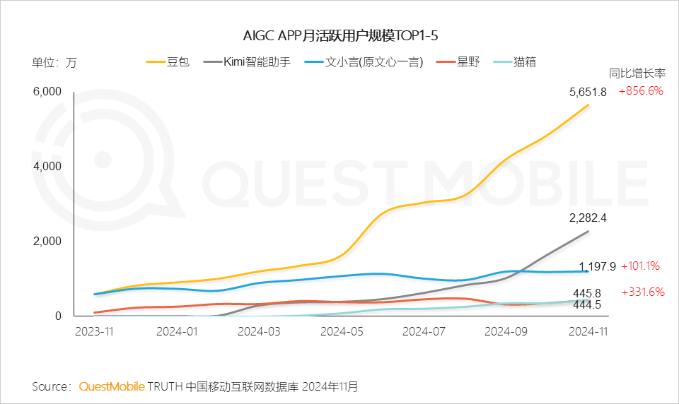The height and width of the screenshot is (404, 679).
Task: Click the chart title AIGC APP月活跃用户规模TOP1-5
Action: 339,35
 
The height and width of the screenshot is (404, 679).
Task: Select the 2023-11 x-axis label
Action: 94,331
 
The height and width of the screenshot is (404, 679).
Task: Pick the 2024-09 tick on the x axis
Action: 506,331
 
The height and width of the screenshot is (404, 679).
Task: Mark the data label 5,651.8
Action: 588,92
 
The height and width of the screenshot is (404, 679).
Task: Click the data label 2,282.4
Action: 588,218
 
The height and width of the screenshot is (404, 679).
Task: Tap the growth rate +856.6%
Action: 641,91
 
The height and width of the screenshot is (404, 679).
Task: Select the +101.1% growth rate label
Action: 641,266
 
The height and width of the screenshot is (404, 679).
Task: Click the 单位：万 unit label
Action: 54,62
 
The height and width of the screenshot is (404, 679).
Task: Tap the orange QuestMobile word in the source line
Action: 112,386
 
